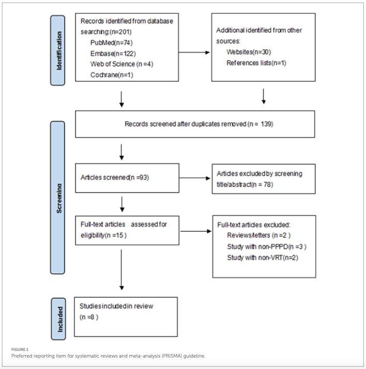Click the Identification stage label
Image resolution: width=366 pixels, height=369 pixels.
tap(57, 50)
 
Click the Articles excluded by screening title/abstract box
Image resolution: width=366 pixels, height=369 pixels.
tap(263, 178)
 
